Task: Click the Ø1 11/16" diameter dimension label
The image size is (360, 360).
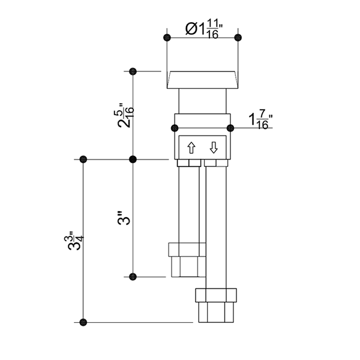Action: click(x=202, y=29)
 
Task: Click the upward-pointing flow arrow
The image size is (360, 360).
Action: click(x=191, y=148)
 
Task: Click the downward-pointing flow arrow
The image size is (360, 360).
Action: click(x=214, y=148)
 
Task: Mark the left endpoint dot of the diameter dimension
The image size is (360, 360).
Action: click(x=166, y=37)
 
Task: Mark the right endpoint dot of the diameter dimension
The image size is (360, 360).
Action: click(x=238, y=37)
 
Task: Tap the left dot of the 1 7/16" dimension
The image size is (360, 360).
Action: click(x=175, y=128)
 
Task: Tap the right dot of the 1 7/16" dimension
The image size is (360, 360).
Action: click(x=230, y=128)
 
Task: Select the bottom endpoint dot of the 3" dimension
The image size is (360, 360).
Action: click(x=133, y=277)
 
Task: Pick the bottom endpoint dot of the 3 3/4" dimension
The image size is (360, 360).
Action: click(x=83, y=322)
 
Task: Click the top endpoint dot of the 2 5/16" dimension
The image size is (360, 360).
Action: click(x=133, y=71)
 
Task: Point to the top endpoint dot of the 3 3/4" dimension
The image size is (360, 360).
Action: click(x=83, y=159)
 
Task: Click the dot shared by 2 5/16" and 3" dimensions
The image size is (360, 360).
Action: click(x=133, y=159)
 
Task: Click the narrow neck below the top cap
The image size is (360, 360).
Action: click(x=202, y=100)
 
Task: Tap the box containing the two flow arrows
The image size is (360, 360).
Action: click(x=202, y=147)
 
